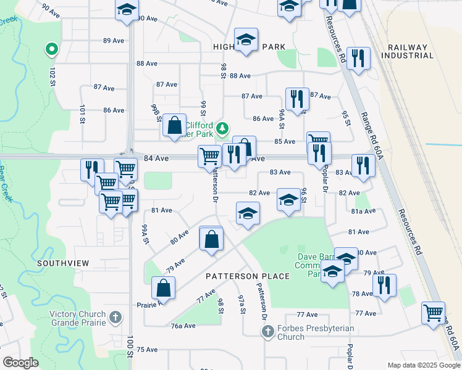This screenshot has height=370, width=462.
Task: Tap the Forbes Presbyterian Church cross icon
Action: pyautogui.click(x=267, y=332)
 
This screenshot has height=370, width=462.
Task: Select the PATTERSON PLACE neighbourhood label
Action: pyautogui.click(x=248, y=276)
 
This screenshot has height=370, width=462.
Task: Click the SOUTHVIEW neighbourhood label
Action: pyautogui.click(x=63, y=263)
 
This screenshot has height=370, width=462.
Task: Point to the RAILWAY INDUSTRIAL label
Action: pyautogui.click(x=408, y=51)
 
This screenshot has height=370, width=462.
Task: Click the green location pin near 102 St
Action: pyautogui.click(x=52, y=48)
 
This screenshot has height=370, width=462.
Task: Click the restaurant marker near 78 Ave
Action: pyautogui.click(x=384, y=285)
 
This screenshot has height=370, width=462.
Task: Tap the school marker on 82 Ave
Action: pyautogui.click(x=288, y=199)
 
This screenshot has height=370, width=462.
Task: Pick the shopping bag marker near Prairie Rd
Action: pyautogui.click(x=164, y=287)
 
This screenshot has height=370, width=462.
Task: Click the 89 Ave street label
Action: pyautogui.click(x=114, y=41)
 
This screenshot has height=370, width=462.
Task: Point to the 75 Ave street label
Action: pyautogui.click(x=147, y=350)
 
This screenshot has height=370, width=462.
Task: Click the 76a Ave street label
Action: pyautogui.click(x=183, y=326)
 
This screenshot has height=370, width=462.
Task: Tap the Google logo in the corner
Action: pyautogui.click(x=21, y=363)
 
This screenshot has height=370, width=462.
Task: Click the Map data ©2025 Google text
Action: pyautogui.click(x=423, y=365)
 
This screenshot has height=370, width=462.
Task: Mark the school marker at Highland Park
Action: pyautogui.click(x=246, y=41)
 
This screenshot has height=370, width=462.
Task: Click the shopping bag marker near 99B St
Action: pyautogui.click(x=175, y=125)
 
